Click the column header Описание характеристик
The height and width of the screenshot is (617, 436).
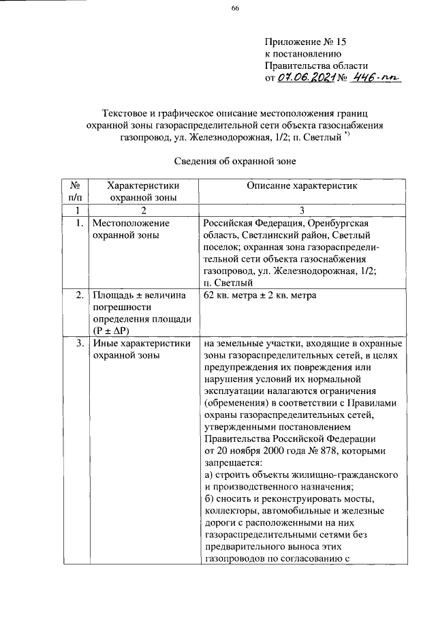click(x=302, y=185)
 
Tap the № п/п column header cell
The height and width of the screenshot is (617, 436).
click(x=76, y=191)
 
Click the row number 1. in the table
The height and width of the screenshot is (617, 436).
click(x=80, y=223)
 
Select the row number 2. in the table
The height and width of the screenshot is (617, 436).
click(x=80, y=295)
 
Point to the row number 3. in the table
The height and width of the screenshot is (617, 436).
click(x=80, y=344)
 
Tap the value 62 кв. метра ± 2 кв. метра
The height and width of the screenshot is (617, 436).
click(x=260, y=295)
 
